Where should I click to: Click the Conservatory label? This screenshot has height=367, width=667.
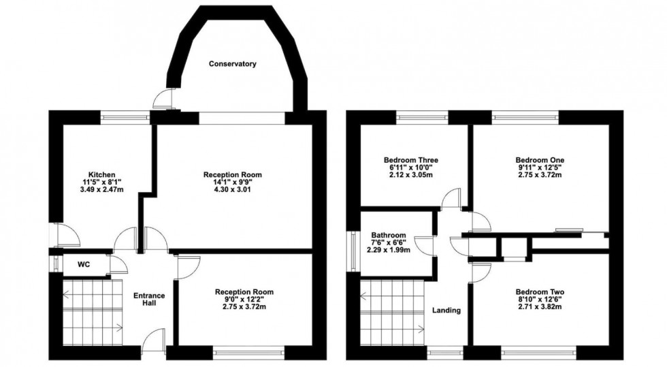[x=232, y=64]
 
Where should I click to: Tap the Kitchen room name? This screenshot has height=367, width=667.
[x=101, y=174]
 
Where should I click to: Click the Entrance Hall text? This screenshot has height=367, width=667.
[x=149, y=299]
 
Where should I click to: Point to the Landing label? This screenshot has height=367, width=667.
[x=446, y=310]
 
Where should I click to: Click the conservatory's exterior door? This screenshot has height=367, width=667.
[x=164, y=99]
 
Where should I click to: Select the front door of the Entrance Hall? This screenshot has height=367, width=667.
[x=156, y=340]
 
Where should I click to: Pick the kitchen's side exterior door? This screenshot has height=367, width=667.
[x=66, y=236]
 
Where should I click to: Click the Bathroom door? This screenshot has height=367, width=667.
[x=426, y=245]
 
